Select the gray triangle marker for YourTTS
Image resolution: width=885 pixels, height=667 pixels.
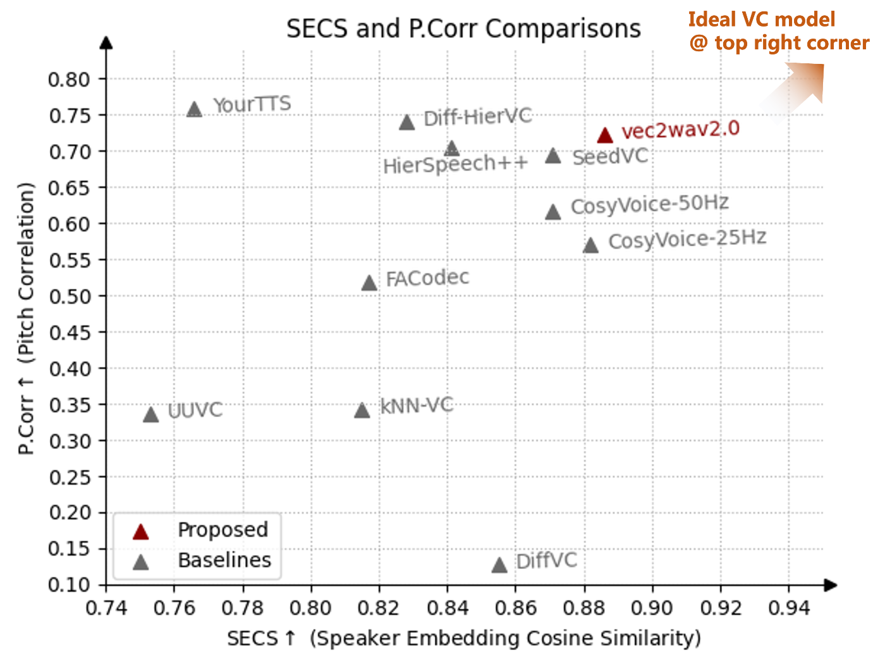click(195, 109)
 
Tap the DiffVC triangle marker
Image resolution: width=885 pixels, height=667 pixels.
click(499, 565)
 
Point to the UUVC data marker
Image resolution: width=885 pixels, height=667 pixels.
click(150, 415)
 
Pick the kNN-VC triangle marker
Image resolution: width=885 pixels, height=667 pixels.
click(362, 411)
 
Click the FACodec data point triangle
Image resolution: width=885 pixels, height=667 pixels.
click(369, 284)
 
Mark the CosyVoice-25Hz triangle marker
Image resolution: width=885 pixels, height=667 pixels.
click(590, 246)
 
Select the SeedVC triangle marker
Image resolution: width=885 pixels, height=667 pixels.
click(553, 156)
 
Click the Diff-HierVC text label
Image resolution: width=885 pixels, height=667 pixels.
click(478, 117)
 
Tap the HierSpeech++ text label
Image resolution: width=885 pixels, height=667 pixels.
click(455, 165)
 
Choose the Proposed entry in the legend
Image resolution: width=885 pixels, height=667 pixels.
click(223, 530)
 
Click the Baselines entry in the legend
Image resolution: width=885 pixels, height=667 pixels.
click(224, 560)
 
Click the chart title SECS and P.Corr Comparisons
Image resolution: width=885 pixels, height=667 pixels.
click(463, 29)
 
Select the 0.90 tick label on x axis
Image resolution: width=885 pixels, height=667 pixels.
click(652, 608)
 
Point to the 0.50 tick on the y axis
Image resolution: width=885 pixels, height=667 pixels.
click(70, 296)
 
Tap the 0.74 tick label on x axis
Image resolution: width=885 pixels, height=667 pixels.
click(106, 608)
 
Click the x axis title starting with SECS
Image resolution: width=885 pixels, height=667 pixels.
click(463, 638)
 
